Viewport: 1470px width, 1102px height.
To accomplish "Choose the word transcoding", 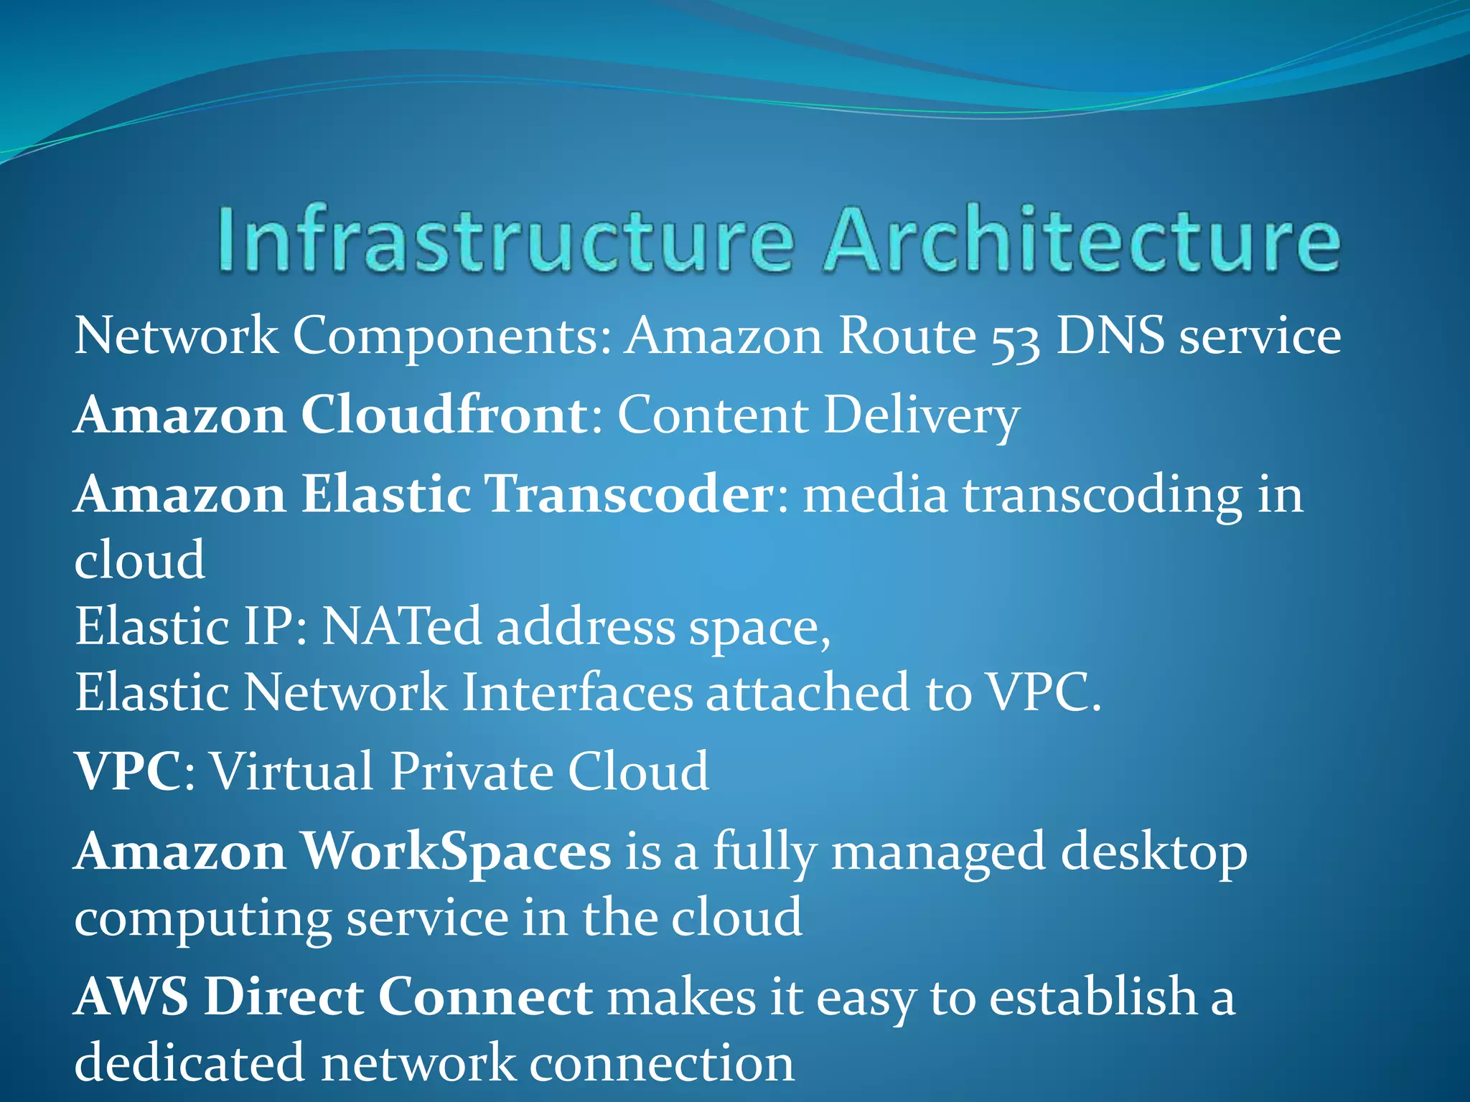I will click(x=1102, y=496).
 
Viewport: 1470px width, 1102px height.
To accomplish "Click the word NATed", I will click(x=401, y=626).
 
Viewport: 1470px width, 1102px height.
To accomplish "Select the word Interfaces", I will click(x=576, y=692).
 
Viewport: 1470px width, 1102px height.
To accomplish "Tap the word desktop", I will click(x=1153, y=854).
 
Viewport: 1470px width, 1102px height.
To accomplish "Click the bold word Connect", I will click(x=485, y=997).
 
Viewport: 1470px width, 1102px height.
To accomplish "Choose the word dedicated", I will click(x=189, y=1063).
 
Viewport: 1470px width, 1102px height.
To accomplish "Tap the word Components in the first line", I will click(x=451, y=337).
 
